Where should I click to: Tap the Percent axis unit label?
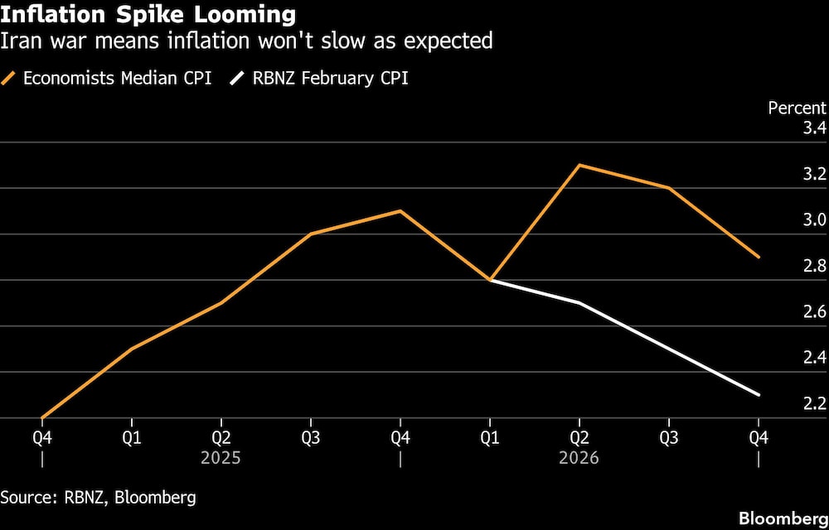click(x=797, y=108)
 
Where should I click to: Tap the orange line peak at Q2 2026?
click(x=579, y=166)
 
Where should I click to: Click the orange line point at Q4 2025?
click(x=400, y=211)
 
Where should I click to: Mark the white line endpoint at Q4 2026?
click(x=759, y=395)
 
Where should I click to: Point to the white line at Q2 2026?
click(x=579, y=303)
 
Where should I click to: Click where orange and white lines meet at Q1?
click(x=490, y=280)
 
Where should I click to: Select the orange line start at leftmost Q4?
click(x=41, y=418)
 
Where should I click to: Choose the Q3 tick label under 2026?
click(x=669, y=437)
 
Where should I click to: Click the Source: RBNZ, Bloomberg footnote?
click(x=99, y=498)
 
